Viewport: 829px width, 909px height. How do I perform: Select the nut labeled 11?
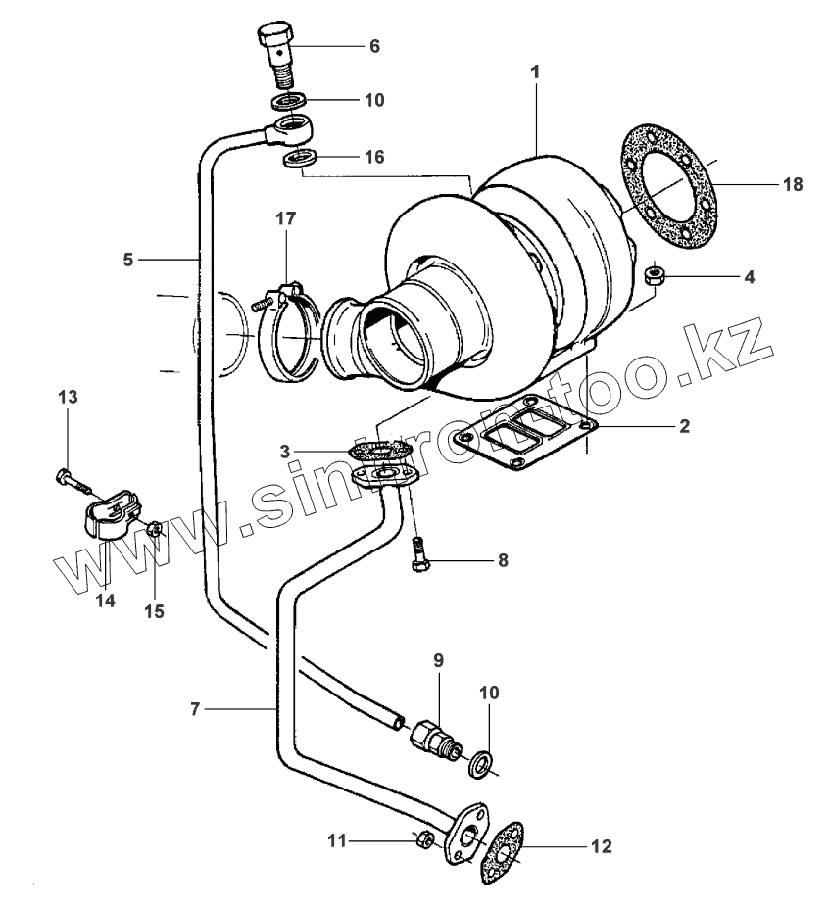pyautogui.click(x=424, y=839)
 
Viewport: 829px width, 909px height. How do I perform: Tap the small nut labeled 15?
pyautogui.click(x=154, y=530)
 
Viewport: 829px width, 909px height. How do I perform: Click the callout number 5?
pyautogui.click(x=127, y=259)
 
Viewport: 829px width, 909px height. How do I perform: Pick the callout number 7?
pyautogui.click(x=195, y=708)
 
